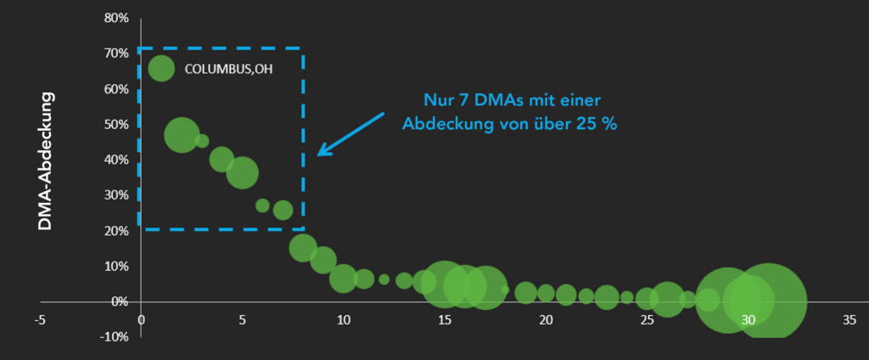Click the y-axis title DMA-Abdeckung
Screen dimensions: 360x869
(x=46, y=161)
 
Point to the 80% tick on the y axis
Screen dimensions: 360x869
(x=116, y=18)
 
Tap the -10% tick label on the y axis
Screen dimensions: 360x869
(x=113, y=337)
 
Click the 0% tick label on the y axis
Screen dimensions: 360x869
(x=118, y=301)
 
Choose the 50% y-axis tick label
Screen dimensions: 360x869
(x=116, y=124)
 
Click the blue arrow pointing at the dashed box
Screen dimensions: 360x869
(x=350, y=133)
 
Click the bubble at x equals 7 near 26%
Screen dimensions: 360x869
(x=283, y=210)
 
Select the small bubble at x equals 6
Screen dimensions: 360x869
(x=262, y=205)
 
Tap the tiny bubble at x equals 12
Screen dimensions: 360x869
(x=384, y=279)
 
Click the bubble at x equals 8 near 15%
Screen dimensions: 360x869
(x=303, y=247)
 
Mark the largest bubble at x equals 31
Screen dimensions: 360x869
(x=768, y=301)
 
